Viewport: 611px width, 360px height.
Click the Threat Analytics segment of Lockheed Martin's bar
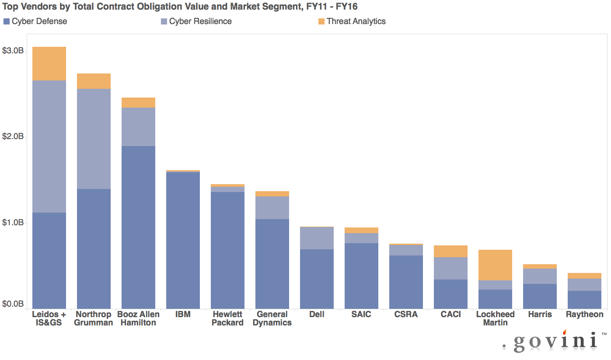[x=495, y=265]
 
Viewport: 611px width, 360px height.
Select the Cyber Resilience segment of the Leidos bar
[x=49, y=147]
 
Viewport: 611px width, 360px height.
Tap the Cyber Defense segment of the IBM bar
[x=183, y=241]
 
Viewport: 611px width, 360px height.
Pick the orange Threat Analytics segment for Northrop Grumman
[x=94, y=81]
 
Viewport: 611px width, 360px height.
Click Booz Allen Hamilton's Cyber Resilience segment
[x=138, y=127]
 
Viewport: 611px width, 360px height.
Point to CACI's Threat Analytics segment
[x=450, y=251]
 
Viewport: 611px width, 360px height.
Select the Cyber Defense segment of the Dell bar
[x=317, y=279]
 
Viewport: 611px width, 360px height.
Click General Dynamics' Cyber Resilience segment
[x=272, y=208]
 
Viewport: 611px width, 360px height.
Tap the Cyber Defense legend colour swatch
[x=7, y=21]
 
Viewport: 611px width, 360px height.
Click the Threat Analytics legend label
[x=356, y=21]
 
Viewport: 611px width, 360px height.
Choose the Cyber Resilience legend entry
[x=200, y=21]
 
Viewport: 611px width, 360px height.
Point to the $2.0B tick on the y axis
[x=14, y=137]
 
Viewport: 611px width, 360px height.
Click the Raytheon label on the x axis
[x=584, y=315]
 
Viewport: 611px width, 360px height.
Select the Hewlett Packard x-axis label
[x=227, y=318]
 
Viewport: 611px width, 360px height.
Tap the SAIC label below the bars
[x=361, y=315]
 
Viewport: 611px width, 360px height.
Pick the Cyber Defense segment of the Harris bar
[x=540, y=296]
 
